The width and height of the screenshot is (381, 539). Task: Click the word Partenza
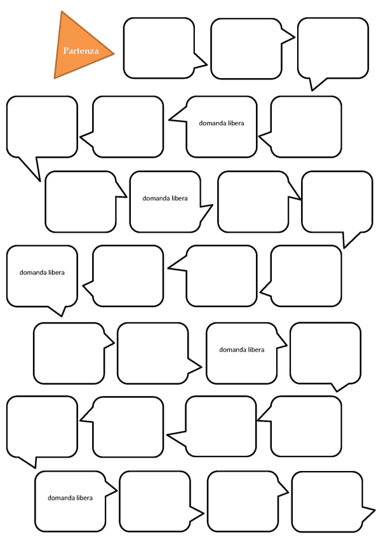pyautogui.click(x=81, y=50)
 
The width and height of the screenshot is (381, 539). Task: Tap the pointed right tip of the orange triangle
pyautogui.click(x=112, y=53)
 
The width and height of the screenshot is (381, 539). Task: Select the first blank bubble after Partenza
pyautogui.click(x=159, y=48)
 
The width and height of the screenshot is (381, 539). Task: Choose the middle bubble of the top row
pyautogui.click(x=246, y=48)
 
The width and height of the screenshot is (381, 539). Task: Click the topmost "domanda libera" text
pyautogui.click(x=221, y=123)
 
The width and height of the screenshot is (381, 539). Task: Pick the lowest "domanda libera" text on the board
pyautogui.click(x=70, y=497)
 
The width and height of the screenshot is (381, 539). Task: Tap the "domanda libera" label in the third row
pyautogui.click(x=165, y=198)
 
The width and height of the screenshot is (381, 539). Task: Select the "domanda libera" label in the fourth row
pyautogui.click(x=42, y=273)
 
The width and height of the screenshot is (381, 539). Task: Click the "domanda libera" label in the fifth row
pyautogui.click(x=242, y=350)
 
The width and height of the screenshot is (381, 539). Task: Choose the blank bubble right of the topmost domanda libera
pyautogui.click(x=305, y=126)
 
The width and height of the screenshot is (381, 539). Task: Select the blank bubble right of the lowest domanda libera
pyautogui.click(x=155, y=501)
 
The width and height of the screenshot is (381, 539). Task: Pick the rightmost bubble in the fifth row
pyautogui.click(x=325, y=353)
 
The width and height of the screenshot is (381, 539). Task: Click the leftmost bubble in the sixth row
pyautogui.click(x=42, y=426)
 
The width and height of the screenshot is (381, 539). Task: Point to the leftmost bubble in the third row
pyautogui.click(x=81, y=201)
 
